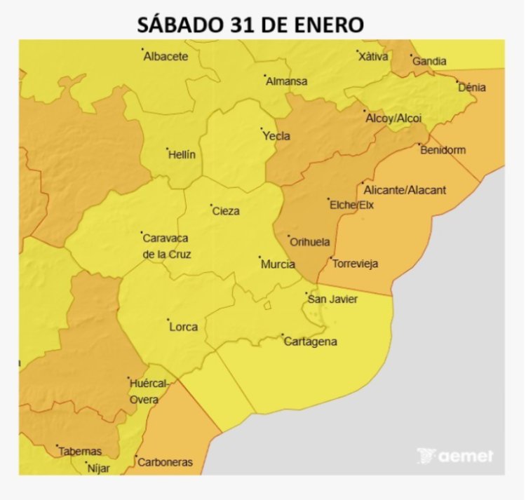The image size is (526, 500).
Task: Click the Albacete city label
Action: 166,57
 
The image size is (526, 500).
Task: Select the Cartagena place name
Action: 310,342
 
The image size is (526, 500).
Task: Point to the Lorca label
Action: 183,327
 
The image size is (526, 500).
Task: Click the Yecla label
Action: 276,136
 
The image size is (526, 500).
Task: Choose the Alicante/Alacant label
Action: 405,190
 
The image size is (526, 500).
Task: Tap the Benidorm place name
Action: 442,150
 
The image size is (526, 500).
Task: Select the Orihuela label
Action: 309,243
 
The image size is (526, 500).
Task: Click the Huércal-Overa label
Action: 147,391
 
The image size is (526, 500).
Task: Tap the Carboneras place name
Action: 165,463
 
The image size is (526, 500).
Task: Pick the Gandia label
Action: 429,62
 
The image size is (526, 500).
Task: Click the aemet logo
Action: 455,456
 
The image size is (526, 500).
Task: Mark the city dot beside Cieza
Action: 211,205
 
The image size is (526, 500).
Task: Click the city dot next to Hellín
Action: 167,149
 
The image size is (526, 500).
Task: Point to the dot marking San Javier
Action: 306,293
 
